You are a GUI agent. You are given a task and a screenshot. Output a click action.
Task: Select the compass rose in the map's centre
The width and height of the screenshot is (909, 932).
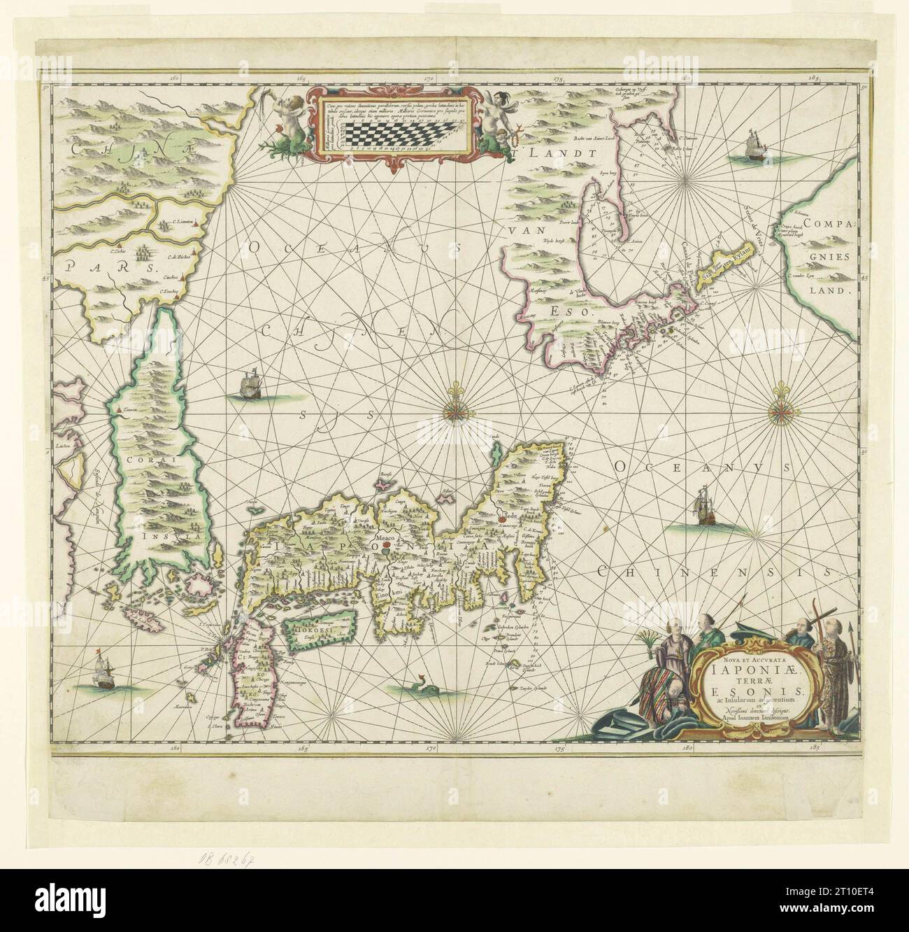point(458,409)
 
